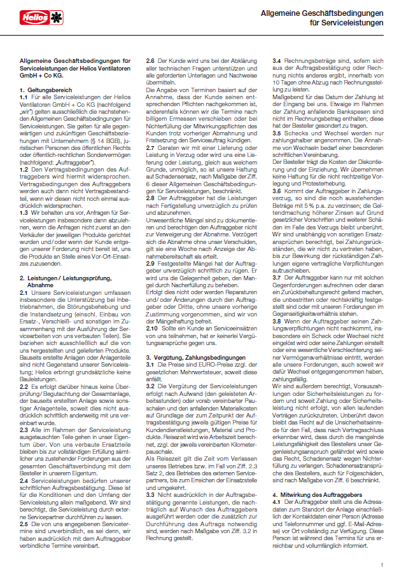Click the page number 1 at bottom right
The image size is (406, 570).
tap(382, 564)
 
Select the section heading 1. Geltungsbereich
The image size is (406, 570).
tap(45, 91)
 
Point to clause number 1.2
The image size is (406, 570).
tap(24, 168)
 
